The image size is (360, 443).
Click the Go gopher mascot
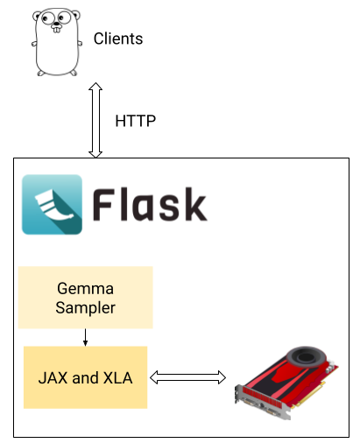pos(57,42)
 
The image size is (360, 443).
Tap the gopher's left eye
pos(47,19)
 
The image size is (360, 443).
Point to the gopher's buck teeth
pos(57,30)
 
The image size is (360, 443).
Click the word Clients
pos(118,39)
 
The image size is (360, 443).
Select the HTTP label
pos(136,121)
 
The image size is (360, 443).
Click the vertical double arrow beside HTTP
pos(95,120)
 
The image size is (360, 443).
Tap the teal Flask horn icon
pos(52,204)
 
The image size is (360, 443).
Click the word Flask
pos(150,204)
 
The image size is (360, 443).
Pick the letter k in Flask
pos(195,204)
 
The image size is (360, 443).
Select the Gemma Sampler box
pos(85,298)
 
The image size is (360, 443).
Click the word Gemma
pos(85,288)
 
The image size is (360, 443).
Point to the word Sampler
pos(85,308)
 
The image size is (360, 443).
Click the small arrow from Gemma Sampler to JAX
pos(85,337)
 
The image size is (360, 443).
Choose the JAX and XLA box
pos(85,377)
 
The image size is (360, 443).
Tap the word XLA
pos(118,377)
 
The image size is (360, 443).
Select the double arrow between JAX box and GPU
pos(187,377)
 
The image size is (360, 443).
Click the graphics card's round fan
pos(305,357)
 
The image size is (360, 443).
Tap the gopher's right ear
pos(75,14)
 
